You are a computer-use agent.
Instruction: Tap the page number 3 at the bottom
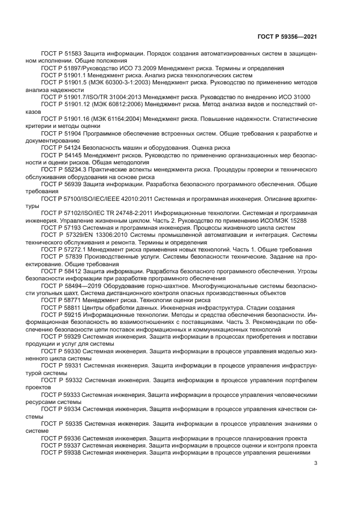(316, 464)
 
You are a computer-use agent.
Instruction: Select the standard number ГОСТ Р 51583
(60, 53)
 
